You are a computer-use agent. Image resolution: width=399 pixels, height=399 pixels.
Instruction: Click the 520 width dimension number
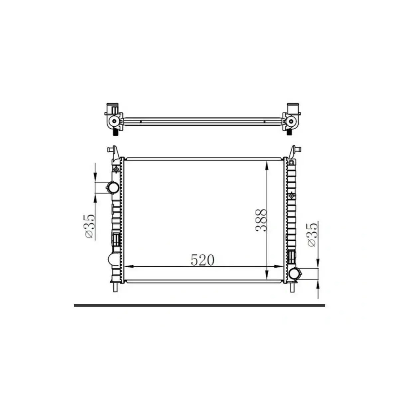tap(202, 260)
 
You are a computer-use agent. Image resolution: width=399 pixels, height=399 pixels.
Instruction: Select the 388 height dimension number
tap(261, 220)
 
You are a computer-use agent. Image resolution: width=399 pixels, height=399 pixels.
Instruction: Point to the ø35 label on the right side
tap(312, 235)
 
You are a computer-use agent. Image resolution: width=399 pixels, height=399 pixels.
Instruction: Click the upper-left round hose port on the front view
tap(112, 188)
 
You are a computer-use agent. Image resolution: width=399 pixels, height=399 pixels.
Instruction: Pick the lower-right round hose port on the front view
tap(295, 273)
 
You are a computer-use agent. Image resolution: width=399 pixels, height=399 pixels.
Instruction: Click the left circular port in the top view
tap(114, 121)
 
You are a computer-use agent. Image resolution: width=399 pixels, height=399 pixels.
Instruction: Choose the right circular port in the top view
tap(292, 121)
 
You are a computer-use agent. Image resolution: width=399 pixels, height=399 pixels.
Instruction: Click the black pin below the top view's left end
tap(115, 132)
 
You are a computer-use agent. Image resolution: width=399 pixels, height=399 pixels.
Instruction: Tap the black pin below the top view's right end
tap(289, 132)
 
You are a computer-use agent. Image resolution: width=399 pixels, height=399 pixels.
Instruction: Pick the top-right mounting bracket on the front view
tap(294, 152)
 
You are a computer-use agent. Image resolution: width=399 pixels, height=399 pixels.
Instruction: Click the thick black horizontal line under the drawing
tap(199, 305)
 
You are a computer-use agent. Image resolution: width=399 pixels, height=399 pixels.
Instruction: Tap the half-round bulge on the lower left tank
tap(111, 258)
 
